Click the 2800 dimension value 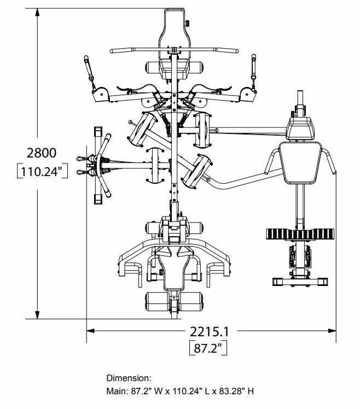[x=42, y=153]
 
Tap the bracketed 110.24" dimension [x=42, y=171]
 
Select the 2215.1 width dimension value [x=209, y=332]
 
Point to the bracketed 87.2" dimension [x=208, y=348]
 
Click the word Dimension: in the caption [x=129, y=378]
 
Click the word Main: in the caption [x=117, y=391]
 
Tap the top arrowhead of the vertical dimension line [x=38, y=13]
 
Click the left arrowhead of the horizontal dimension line [x=91, y=331]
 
